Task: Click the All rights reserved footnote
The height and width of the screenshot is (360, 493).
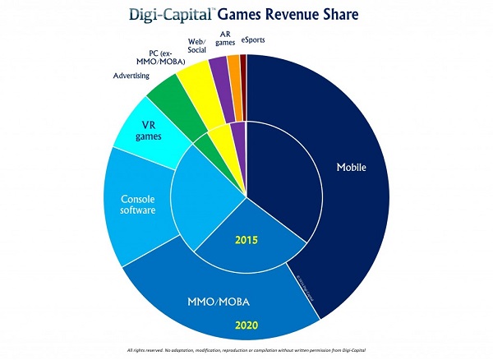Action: [246, 350]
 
